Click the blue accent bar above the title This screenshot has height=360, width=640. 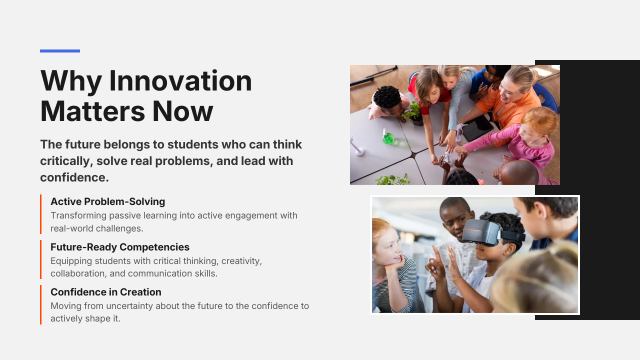(60, 51)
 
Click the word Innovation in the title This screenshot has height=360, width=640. (180, 81)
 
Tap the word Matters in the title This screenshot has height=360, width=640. (92, 111)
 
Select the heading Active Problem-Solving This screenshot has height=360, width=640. (107, 201)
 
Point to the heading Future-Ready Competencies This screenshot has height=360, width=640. (120, 247)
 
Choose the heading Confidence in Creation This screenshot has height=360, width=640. (106, 292)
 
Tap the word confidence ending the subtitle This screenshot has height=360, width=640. (74, 177)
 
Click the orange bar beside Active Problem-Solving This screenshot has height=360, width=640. (41, 214)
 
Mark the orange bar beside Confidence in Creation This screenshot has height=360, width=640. (41, 304)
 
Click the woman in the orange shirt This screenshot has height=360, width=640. (505, 103)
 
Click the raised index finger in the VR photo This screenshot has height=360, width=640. (436, 253)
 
